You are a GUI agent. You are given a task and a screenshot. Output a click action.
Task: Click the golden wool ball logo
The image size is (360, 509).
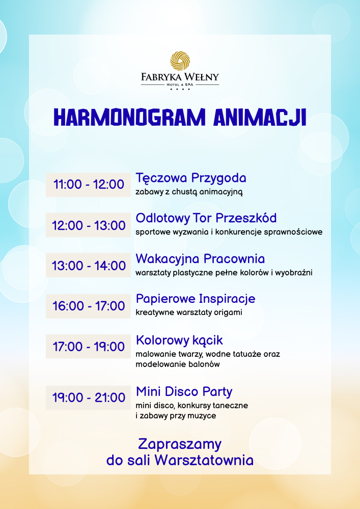pyautogui.click(x=180, y=61)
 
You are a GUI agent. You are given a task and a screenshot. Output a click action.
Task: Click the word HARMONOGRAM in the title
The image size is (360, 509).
pyautogui.click(x=130, y=117)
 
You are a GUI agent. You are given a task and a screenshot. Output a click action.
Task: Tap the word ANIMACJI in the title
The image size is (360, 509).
pyautogui.click(x=260, y=117)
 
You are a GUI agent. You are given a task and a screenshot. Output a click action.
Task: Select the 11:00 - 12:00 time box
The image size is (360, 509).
pyautogui.click(x=88, y=185)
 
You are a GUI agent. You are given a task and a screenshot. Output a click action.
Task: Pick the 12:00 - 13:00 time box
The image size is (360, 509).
pyautogui.click(x=88, y=225)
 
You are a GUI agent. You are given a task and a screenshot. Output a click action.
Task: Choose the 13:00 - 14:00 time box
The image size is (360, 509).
pyautogui.click(x=88, y=265)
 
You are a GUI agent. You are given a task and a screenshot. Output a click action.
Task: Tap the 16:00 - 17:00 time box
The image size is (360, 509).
pyautogui.click(x=88, y=306)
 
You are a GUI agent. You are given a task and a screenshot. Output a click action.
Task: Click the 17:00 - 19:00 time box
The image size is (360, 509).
pyautogui.click(x=88, y=346)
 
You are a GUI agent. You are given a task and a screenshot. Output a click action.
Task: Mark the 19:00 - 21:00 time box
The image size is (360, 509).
pyautogui.click(x=88, y=398)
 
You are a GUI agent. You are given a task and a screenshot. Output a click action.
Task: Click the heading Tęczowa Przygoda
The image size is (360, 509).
pyautogui.click(x=191, y=179)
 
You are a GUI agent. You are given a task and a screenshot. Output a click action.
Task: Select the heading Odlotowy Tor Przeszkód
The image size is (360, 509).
pyautogui.click(x=206, y=218)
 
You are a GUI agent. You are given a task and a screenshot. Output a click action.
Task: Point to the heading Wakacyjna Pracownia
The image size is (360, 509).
pyautogui.click(x=200, y=259)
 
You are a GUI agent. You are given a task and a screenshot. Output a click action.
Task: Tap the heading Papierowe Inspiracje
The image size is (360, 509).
pyautogui.click(x=196, y=299)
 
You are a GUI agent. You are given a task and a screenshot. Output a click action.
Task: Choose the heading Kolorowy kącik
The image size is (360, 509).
pyautogui.click(x=179, y=340)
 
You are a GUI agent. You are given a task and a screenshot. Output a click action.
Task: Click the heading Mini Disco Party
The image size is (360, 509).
pyautogui.click(x=184, y=391)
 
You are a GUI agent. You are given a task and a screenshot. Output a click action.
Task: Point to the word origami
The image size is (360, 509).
pyautogui.click(x=230, y=313)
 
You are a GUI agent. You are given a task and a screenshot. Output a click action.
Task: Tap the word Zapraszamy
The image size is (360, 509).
pyautogui.click(x=180, y=444)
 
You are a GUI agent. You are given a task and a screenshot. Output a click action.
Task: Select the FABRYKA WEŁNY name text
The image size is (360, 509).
pyautogui.click(x=180, y=77)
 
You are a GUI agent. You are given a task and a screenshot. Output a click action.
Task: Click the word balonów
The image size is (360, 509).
pyautogui.click(x=206, y=364)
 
